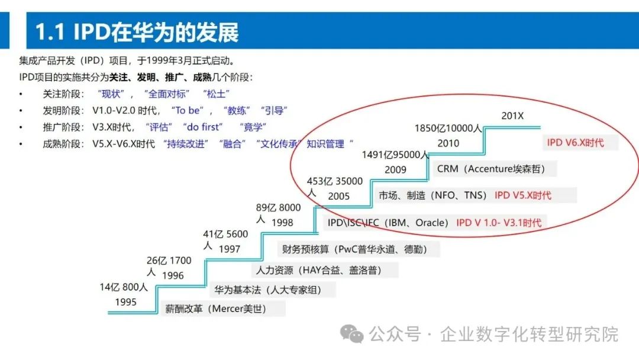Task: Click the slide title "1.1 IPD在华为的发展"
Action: (x=137, y=32)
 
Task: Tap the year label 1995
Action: (x=125, y=302)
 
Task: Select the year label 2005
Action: (x=338, y=196)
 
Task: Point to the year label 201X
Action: (x=512, y=116)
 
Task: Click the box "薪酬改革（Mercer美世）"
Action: (x=222, y=308)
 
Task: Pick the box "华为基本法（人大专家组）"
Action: (x=273, y=290)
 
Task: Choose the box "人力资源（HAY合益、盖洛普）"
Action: (x=325, y=270)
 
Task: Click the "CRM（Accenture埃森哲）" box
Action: (x=490, y=169)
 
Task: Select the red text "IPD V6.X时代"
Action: (x=580, y=143)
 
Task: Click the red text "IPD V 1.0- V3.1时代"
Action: (x=498, y=223)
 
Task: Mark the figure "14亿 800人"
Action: (x=124, y=288)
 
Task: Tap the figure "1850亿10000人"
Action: (x=448, y=128)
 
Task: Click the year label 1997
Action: (x=230, y=249)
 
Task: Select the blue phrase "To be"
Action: (x=189, y=110)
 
